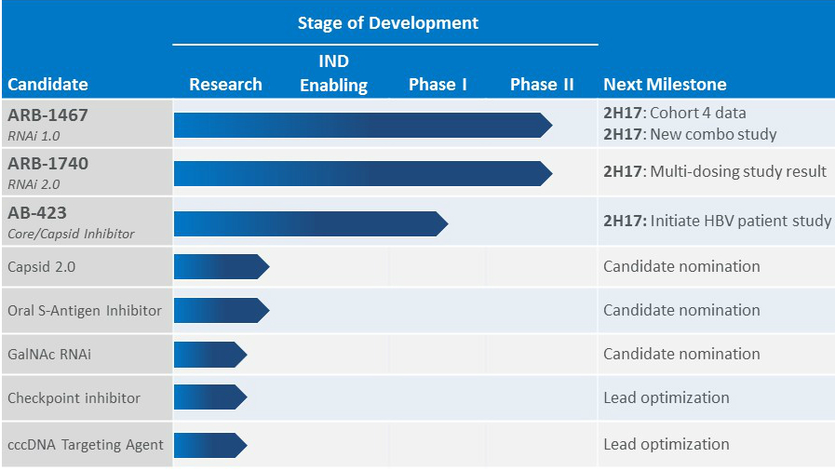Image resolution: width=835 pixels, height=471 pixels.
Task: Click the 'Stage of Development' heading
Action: pos(387,22)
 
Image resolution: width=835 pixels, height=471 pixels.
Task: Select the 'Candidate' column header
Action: pos(47,84)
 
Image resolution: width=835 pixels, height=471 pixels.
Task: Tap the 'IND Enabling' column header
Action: pos(333,74)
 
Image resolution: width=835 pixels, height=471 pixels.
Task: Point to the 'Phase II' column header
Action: pos(542,84)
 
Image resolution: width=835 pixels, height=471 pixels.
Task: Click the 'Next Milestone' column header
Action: pos(665,84)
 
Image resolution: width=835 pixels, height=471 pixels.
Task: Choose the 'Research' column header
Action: pos(225,84)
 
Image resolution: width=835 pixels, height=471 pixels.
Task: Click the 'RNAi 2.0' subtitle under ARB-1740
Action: pos(34,184)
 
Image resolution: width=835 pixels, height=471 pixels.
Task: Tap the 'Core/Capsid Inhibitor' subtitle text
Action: pos(71,234)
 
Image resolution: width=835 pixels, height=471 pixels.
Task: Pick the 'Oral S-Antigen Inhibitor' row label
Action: pos(85,310)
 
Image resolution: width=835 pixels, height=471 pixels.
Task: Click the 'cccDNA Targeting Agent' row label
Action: pos(86,445)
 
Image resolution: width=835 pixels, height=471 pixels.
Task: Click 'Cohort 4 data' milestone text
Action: pos(697,114)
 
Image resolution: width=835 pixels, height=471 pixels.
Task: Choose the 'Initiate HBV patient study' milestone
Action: pos(740,222)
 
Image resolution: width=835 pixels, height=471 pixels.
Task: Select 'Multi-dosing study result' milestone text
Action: pos(738,171)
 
